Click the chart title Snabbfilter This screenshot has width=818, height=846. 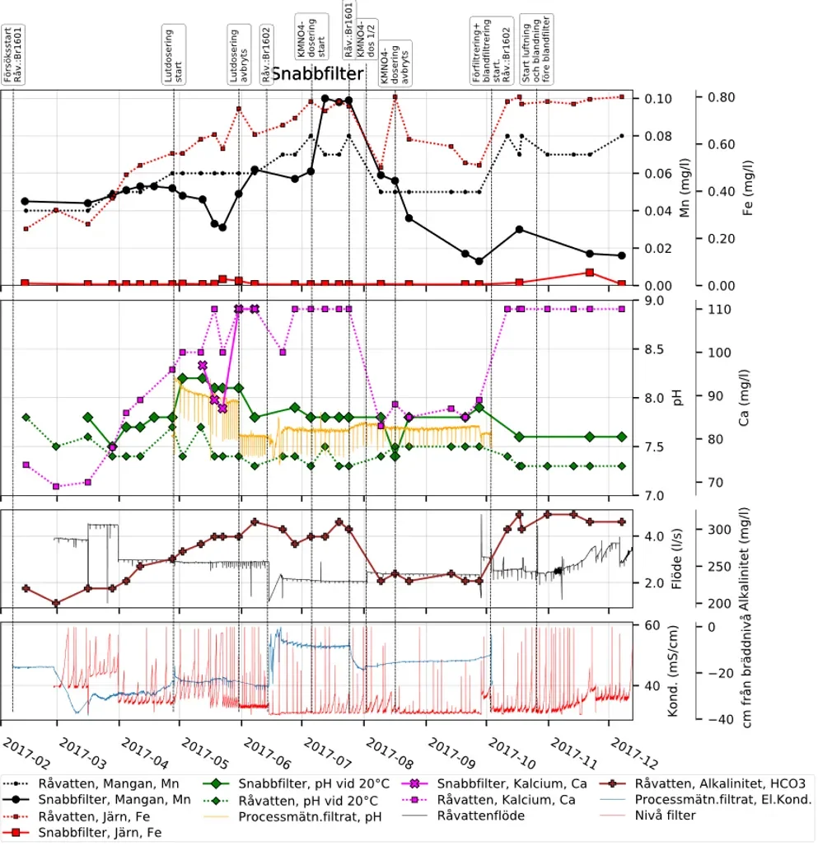317,75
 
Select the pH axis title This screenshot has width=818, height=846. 677,398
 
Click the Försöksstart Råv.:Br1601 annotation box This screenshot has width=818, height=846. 12,56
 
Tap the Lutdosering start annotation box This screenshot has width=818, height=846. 174,54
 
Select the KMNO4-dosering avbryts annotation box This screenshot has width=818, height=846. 389,64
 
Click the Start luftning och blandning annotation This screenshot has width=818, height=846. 536,49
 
